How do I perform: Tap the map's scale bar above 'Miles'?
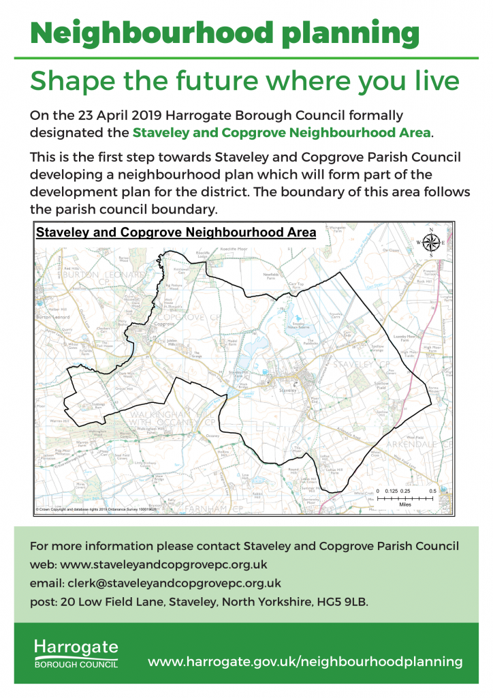pos(406,498)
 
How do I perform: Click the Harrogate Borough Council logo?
pos(76,653)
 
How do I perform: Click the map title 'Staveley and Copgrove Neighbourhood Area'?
pos(176,232)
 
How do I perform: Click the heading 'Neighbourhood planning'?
pos(225,32)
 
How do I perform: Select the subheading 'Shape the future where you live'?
pos(245,81)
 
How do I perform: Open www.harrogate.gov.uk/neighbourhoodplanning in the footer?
pos(305,661)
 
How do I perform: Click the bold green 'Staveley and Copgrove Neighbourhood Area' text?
pos(282,132)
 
